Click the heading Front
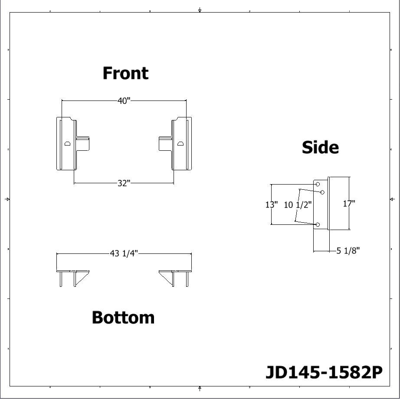coord(125,73)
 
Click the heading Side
coord(320,147)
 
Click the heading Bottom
coord(123,318)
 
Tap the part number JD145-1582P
coord(324,372)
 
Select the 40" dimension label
coord(124,101)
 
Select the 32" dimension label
coord(124,183)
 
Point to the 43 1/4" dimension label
coord(124,253)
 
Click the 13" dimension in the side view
coord(272,204)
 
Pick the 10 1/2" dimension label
coord(298,205)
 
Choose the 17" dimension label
coord(349,203)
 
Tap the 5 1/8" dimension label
coord(348,250)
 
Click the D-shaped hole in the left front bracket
coord(67,143)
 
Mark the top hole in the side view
coord(318,185)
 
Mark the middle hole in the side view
coord(322,192)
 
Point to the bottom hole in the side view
coord(318,224)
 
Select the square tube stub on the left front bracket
coord(83,144)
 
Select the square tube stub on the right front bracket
coord(165,144)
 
